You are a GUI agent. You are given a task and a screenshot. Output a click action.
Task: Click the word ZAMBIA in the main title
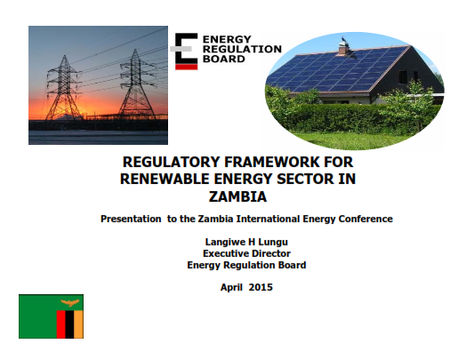[x=237, y=196]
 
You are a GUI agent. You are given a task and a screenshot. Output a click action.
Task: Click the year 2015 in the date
[x=261, y=287]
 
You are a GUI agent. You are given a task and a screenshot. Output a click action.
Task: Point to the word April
[x=231, y=287]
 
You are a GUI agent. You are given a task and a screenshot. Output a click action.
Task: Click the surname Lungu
[x=273, y=242]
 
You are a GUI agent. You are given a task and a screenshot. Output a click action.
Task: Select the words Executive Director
[x=246, y=253]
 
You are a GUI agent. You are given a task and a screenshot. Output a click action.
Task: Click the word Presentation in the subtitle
[x=131, y=219]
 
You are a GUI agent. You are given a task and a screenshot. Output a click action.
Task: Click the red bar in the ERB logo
[x=187, y=67]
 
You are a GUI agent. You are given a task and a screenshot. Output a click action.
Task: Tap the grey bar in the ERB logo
[x=181, y=49]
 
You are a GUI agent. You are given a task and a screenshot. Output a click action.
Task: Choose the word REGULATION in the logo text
[x=242, y=49]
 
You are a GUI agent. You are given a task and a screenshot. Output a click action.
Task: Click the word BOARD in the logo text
[x=224, y=59]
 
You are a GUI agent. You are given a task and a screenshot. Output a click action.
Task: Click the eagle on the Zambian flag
[x=70, y=303]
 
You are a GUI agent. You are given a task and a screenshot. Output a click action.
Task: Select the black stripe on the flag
[x=69, y=324]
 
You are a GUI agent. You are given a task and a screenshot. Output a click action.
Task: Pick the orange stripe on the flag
[x=79, y=324]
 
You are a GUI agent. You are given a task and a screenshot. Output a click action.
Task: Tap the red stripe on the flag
[x=61, y=324]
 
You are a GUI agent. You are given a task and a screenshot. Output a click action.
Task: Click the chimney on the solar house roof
[x=344, y=47]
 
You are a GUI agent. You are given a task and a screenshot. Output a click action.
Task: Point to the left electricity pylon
[x=64, y=88]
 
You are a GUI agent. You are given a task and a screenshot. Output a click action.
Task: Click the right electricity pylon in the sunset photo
[x=136, y=85]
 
